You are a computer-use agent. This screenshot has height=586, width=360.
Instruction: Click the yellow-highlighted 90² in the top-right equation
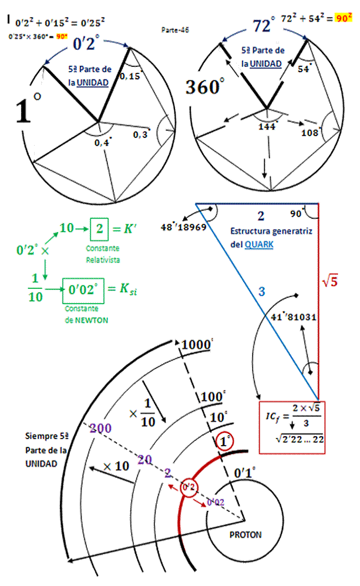[x=343, y=18]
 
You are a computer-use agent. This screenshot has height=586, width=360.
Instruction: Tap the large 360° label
[x=204, y=87]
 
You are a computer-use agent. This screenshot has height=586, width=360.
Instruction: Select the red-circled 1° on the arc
[x=223, y=442]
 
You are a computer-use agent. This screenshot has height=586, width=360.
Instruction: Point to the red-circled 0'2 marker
[x=189, y=487]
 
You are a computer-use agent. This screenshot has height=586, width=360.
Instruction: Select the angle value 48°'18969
[x=183, y=227]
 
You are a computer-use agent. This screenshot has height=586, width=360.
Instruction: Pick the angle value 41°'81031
[x=294, y=317]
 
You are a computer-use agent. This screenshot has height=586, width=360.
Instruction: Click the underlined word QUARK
[x=259, y=244]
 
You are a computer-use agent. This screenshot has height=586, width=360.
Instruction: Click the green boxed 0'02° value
[x=82, y=289]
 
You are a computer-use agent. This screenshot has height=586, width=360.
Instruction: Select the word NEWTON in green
[x=89, y=320]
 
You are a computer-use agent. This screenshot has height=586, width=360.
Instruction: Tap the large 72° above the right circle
[x=264, y=26]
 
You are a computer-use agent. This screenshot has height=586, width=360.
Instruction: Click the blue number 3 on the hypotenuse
[x=262, y=291]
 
